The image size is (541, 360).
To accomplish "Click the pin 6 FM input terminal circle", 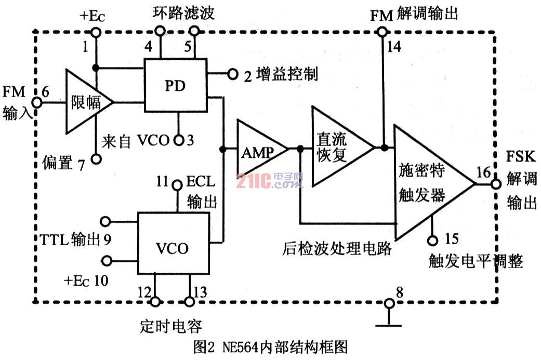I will [x=36, y=102].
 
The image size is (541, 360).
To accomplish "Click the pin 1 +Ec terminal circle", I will [x=96, y=32].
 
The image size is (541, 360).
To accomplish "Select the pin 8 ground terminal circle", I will [x=388, y=303].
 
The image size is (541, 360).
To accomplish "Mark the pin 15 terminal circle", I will [x=432, y=240].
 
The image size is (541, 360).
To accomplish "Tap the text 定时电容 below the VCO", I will [x=171, y=326].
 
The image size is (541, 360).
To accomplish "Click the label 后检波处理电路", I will [x=337, y=248].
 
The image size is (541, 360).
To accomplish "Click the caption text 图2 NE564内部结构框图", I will [x=270, y=346].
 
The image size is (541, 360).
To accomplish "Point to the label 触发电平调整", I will [x=476, y=261].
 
